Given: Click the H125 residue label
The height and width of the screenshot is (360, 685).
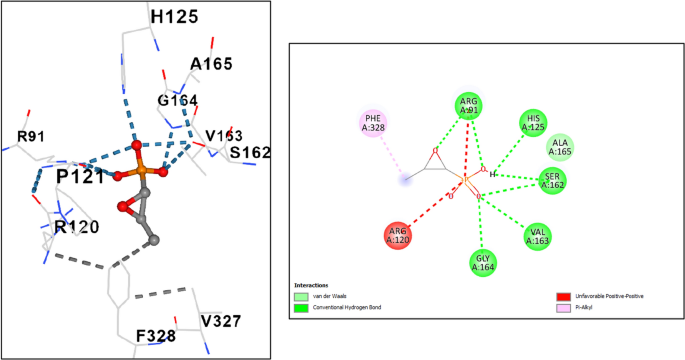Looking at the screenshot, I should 174,17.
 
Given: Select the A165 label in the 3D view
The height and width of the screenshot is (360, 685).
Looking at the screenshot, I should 211,64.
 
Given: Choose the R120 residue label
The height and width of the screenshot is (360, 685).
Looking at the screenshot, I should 76,227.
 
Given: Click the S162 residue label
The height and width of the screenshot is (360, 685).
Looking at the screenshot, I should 250,153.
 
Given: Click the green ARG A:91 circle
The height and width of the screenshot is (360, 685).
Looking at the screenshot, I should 468,106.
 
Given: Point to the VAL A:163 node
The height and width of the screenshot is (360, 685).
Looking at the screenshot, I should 537,236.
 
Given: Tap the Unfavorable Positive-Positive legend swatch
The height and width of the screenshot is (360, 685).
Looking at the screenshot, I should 562,296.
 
